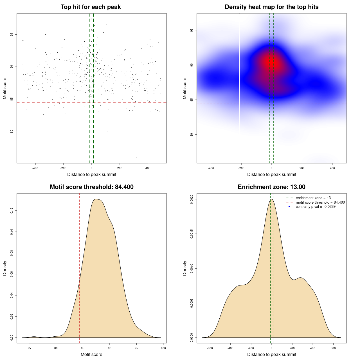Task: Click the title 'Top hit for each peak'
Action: pos(91,7)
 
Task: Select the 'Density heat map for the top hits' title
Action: pos(271,7)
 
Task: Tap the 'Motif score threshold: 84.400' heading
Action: pos(91,187)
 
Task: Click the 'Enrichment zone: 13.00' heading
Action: pos(271,187)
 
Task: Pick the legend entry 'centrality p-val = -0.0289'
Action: pos(316,207)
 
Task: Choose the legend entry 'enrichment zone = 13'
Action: pos(313,198)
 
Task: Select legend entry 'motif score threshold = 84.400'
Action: pos(320,202)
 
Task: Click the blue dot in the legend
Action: pos(289,207)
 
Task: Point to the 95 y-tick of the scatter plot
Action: pos(12,35)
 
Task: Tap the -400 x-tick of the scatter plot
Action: pos(35,168)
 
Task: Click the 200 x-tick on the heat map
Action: pos(302,168)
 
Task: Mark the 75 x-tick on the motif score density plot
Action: pos(29,348)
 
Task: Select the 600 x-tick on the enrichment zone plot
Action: pos(333,348)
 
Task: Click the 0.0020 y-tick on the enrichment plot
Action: pos(192,199)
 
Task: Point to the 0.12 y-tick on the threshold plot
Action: pos(12,211)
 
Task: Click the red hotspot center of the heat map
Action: pos(271,62)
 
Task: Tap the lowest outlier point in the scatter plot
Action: pos(137,157)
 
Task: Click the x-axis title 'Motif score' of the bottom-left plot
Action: pos(91,354)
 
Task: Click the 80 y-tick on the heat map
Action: pos(192,135)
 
